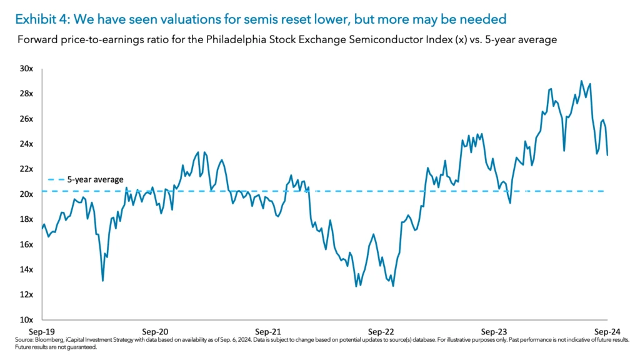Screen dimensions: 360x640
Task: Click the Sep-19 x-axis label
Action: tap(42, 331)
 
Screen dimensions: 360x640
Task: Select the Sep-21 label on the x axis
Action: tap(268, 331)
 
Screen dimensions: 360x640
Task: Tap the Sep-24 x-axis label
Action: tap(606, 331)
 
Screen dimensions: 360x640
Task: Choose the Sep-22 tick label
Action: tap(381, 331)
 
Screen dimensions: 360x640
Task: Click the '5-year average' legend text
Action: tap(95, 179)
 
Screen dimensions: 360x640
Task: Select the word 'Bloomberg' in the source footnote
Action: tap(61, 340)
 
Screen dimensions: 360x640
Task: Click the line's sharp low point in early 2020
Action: tap(102, 281)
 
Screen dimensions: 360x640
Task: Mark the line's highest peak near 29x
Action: tap(581, 81)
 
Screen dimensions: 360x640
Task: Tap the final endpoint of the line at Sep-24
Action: tap(607, 155)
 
